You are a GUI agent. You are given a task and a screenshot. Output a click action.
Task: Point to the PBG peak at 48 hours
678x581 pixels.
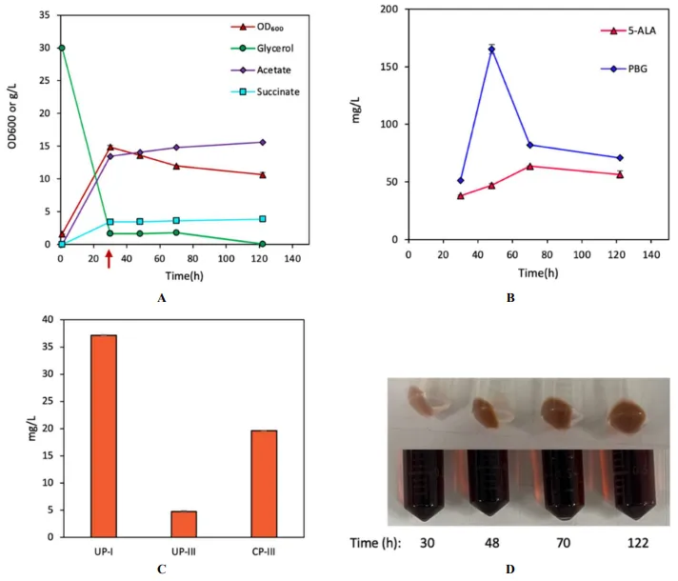491,49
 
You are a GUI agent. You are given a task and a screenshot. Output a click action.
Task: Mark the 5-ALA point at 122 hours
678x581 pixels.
620,174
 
